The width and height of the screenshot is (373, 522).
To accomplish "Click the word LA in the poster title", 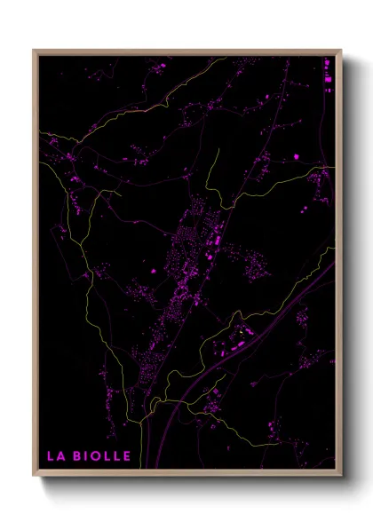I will [x=56, y=456].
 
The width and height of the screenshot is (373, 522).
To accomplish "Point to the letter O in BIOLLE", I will [x=96, y=456].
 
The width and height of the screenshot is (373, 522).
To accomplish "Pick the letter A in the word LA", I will [x=61, y=456].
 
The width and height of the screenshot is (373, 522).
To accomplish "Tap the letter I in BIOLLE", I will [x=87, y=456].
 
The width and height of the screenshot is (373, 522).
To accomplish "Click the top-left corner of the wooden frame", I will [x=34, y=51].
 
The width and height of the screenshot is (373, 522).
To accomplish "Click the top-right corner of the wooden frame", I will [x=342, y=51].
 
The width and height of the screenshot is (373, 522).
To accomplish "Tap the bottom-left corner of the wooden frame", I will [x=34, y=476].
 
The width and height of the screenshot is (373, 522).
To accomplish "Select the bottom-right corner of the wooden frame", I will [x=342, y=476].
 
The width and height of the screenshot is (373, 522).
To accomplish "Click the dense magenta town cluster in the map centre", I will [x=191, y=253].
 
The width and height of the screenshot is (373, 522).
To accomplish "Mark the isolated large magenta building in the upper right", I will [x=297, y=157].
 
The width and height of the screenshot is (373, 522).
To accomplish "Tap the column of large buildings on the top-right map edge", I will [x=328, y=75].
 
